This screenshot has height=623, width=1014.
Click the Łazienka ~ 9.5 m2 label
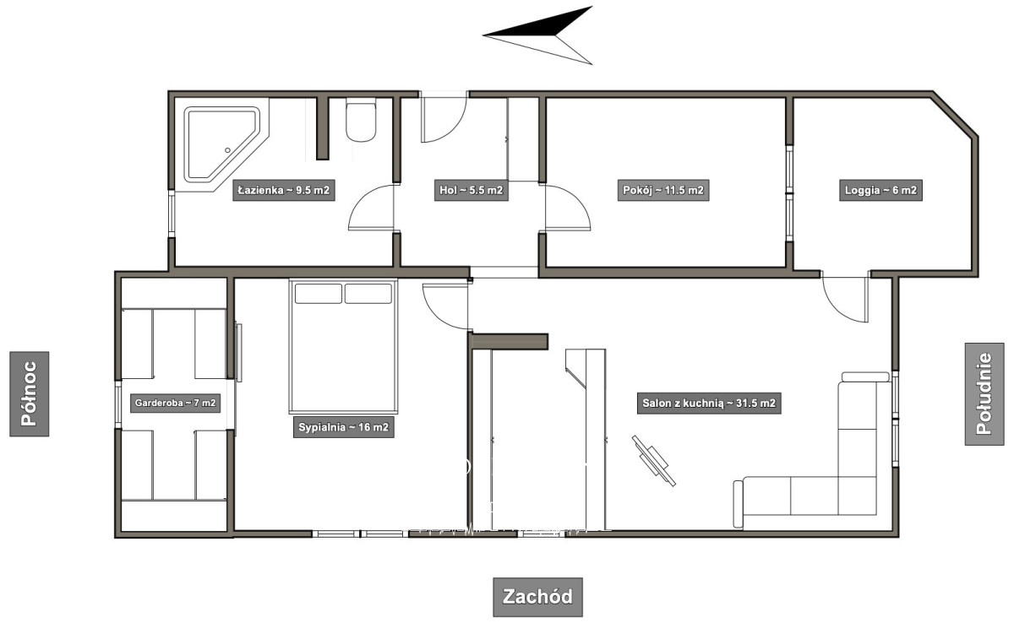pyautogui.click(x=284, y=190)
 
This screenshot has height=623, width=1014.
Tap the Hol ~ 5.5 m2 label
pyautogui.click(x=472, y=190)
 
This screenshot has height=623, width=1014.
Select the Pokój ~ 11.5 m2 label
pyautogui.click(x=663, y=190)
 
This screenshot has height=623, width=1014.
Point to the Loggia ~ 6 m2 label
pyautogui.click(x=880, y=190)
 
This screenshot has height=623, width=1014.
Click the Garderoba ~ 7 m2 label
pyautogui.click(x=175, y=403)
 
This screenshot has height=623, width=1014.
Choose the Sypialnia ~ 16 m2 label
pyautogui.click(x=344, y=427)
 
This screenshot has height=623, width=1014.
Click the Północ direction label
pyautogui.click(x=30, y=393)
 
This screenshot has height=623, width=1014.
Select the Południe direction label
pyautogui.click(x=984, y=393)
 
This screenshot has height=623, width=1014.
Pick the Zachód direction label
pyautogui.click(x=537, y=597)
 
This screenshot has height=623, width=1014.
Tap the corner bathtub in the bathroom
pyautogui.click(x=221, y=144)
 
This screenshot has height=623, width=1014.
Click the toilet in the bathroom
pyautogui.click(x=361, y=122)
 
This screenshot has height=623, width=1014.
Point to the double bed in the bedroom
pyautogui.click(x=344, y=346)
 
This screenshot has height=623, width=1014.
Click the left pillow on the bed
pyautogui.click(x=319, y=294)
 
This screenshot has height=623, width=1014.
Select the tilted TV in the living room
pyautogui.click(x=654, y=461)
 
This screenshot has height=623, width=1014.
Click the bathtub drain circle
pyautogui.click(x=227, y=150)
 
